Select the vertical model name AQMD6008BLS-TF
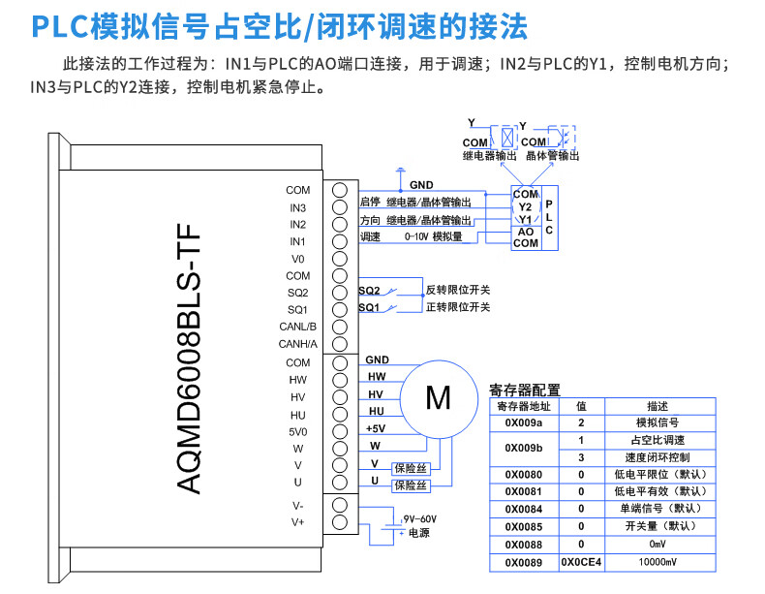[x=188, y=359]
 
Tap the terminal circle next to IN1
[x=340, y=241]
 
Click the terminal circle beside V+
[x=340, y=522]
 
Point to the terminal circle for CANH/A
[x=340, y=344]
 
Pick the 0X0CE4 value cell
[x=581, y=562]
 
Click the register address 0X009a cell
[x=524, y=422]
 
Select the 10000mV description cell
[x=658, y=562]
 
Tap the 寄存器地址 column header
[x=524, y=406]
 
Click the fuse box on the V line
[x=411, y=469]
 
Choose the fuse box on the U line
[x=411, y=485]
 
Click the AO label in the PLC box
[x=526, y=232]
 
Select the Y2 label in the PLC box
[x=525, y=207]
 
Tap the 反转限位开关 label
[x=458, y=290]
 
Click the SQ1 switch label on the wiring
[x=369, y=307]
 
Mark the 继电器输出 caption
[x=489, y=156]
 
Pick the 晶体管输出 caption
[x=552, y=156]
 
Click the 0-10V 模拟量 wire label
[x=433, y=236]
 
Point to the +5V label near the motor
[x=376, y=428]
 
